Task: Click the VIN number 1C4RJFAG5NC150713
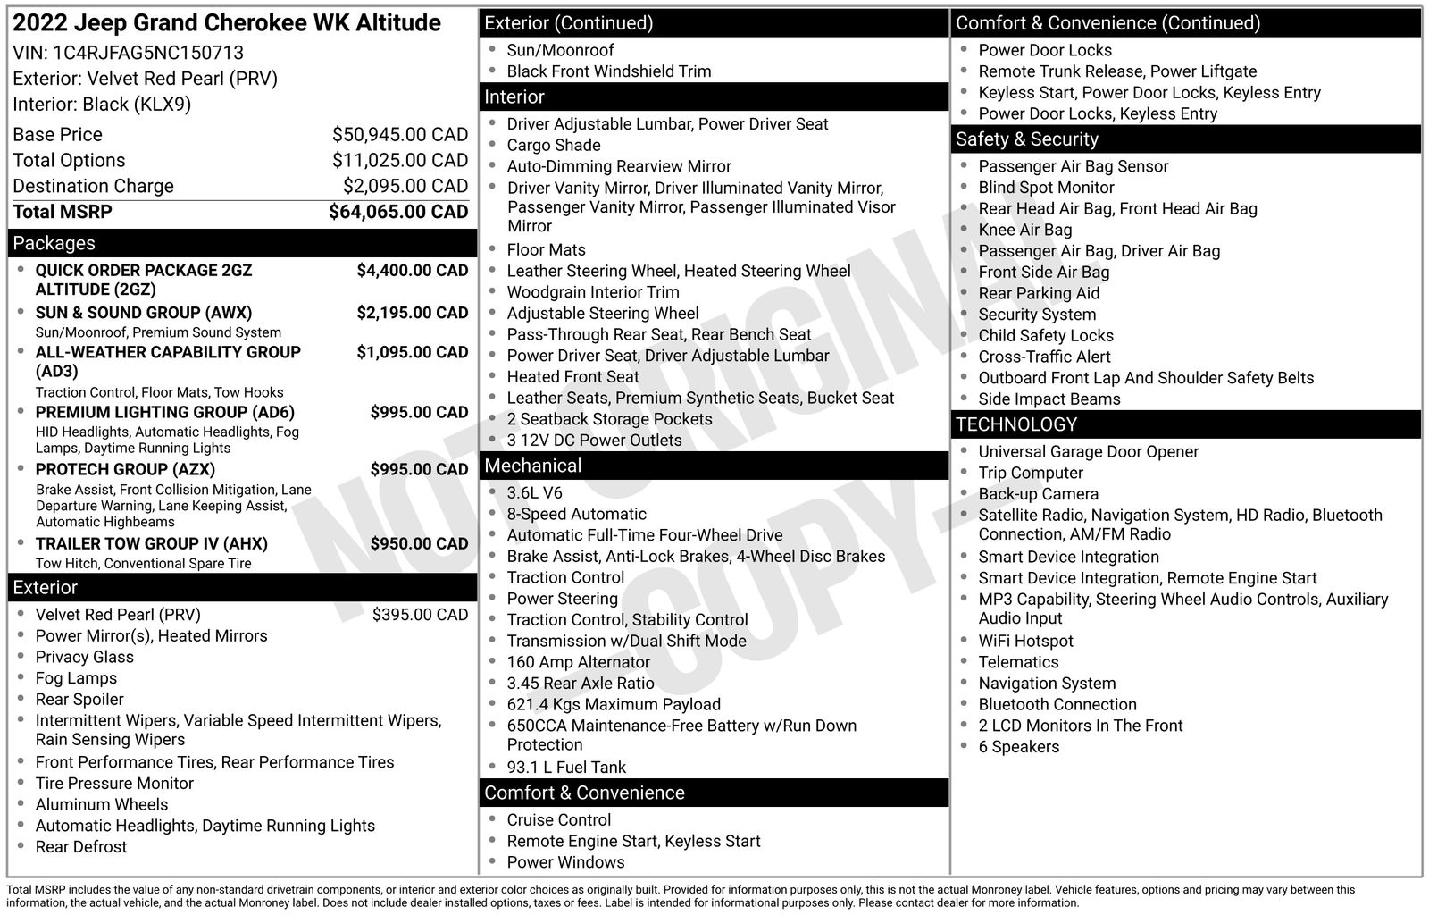pos(148,53)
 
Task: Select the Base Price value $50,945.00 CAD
pos(399,135)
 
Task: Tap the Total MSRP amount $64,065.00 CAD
pos(397,212)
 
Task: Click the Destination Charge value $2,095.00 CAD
pos(405,186)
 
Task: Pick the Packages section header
pos(54,243)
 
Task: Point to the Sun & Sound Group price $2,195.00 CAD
pos(412,313)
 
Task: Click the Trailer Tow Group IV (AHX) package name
pos(151,543)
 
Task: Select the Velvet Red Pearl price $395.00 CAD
pos(420,615)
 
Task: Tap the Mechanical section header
pos(532,466)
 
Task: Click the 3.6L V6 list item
pos(534,493)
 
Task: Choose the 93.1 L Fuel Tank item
pos(566,767)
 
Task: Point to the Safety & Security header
pos(1026,139)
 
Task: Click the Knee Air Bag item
pos(1024,230)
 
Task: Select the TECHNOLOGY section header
pos(1016,424)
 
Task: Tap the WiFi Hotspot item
pos(1025,641)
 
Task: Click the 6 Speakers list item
pos(1018,747)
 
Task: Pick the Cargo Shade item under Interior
pos(553,145)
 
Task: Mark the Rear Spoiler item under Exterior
pos(79,700)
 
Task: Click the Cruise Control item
pos(558,820)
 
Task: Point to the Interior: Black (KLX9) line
pos(102,105)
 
